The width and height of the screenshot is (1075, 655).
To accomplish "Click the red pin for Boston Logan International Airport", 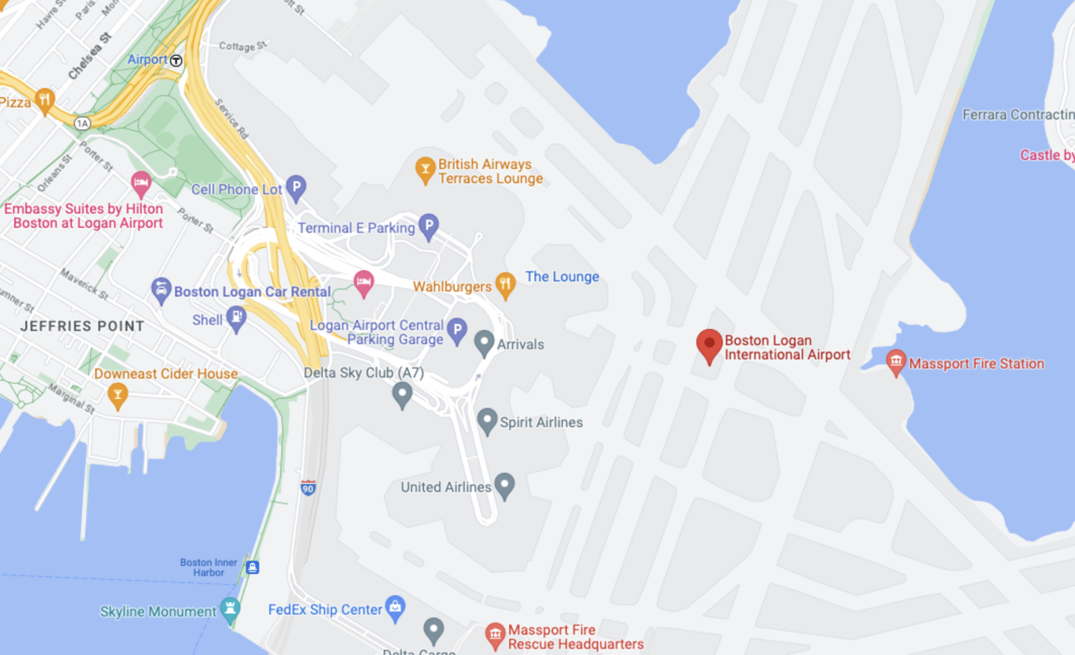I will point(709,344).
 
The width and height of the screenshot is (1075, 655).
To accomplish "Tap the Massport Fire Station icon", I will point(896,361).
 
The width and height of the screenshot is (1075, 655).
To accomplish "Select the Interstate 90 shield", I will point(308,488).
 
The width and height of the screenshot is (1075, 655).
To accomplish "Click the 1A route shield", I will point(82,123).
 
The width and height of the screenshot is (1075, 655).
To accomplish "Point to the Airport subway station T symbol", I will point(176,60).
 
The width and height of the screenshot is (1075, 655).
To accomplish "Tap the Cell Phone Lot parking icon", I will point(296,187).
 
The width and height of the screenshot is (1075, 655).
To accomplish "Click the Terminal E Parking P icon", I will point(428,226).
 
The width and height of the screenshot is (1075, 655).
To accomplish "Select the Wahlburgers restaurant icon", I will point(505,284).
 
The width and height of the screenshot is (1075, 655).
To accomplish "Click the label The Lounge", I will point(562,277).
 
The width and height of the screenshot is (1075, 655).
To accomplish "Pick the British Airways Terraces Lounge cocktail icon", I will point(425,169).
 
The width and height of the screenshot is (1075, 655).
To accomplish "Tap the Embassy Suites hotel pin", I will point(141,183).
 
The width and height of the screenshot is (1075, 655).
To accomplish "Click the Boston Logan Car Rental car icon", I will point(161,289).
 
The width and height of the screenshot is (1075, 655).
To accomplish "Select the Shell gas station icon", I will point(236,318).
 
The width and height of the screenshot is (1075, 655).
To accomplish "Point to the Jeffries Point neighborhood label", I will point(82,326).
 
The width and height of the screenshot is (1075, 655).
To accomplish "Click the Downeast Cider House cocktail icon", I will point(118,395).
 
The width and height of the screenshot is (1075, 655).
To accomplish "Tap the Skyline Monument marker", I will point(230,609).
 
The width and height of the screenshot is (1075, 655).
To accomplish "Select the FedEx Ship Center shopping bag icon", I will point(395,607).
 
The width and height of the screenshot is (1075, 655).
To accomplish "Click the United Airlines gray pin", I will point(504,484).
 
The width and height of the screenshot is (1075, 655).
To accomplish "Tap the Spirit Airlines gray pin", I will point(487,420).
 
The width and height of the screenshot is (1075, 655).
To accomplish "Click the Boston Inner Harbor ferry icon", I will point(252,567).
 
